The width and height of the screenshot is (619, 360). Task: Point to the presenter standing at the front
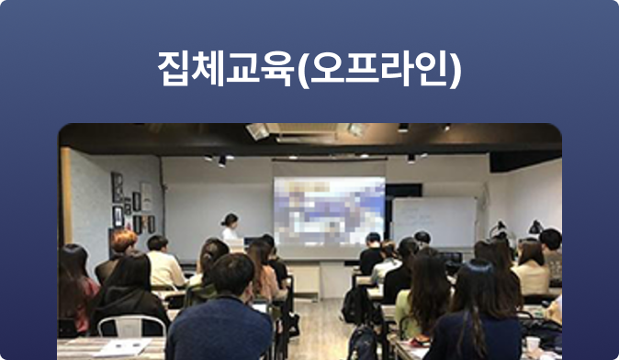pyautogui.click(x=230, y=230)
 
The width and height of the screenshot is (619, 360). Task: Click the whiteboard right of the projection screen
pyautogui.click(x=433, y=221)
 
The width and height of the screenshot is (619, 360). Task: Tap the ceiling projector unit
pyautogui.click(x=259, y=131)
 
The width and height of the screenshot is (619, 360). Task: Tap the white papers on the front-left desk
pyautogui.click(x=125, y=347)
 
